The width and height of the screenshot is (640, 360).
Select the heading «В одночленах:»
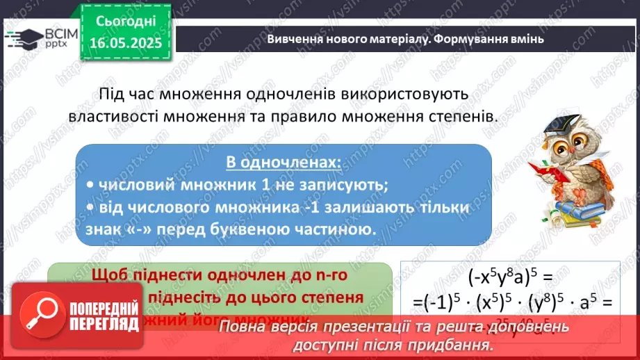coord(284,162)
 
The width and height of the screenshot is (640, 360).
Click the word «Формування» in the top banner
coord(470,39)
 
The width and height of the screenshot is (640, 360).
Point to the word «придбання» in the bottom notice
coord(455,345)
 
